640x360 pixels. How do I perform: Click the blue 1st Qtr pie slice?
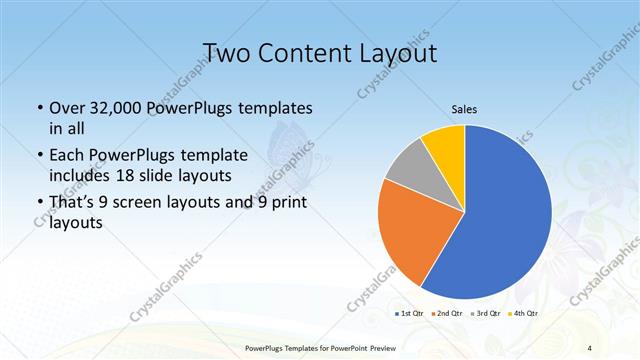click(x=505, y=220)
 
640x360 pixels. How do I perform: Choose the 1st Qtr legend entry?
click(x=410, y=314)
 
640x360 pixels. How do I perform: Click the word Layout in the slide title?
click(x=392, y=53)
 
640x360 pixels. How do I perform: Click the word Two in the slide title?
click(x=226, y=53)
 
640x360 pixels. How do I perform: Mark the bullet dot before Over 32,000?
click(x=39, y=107)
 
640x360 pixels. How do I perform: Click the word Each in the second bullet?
click(x=65, y=155)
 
